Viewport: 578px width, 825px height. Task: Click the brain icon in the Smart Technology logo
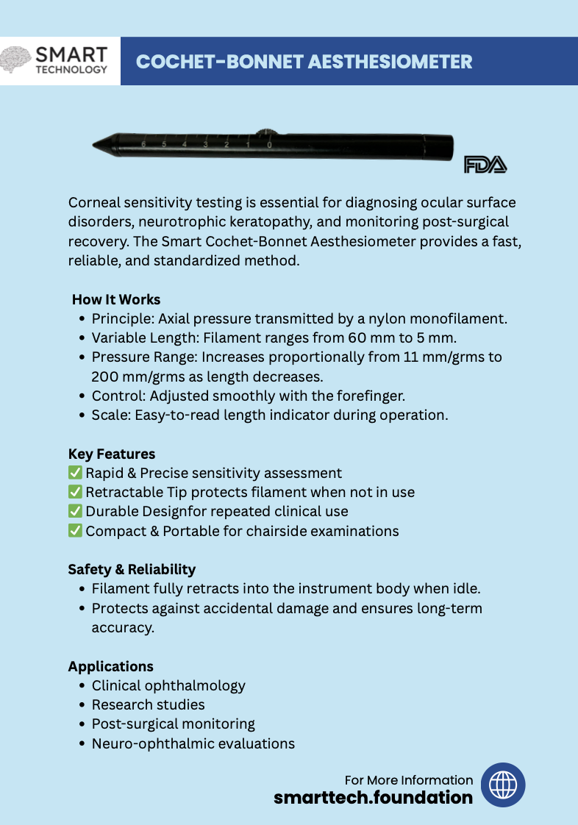pos(16,60)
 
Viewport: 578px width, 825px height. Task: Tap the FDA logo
pos(485,165)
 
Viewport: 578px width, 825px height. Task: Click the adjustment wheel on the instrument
pos(268,134)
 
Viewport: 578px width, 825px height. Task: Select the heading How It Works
pos(116,299)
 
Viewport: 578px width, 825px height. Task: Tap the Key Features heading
pos(112,454)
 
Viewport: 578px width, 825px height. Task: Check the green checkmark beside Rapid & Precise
pos(75,473)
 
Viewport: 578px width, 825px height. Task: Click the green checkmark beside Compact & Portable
pos(75,530)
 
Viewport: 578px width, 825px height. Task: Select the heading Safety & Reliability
pos(132,569)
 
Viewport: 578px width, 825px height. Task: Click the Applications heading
pos(111,666)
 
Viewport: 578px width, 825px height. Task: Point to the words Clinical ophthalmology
pos(168,685)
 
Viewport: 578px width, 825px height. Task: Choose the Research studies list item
pos(148,704)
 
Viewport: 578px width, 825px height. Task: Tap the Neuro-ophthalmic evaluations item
pos(193,743)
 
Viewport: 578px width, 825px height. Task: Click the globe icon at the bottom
pos(503,785)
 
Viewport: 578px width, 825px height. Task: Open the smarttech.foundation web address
pos(374,797)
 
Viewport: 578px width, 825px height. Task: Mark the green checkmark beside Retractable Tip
pos(75,492)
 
